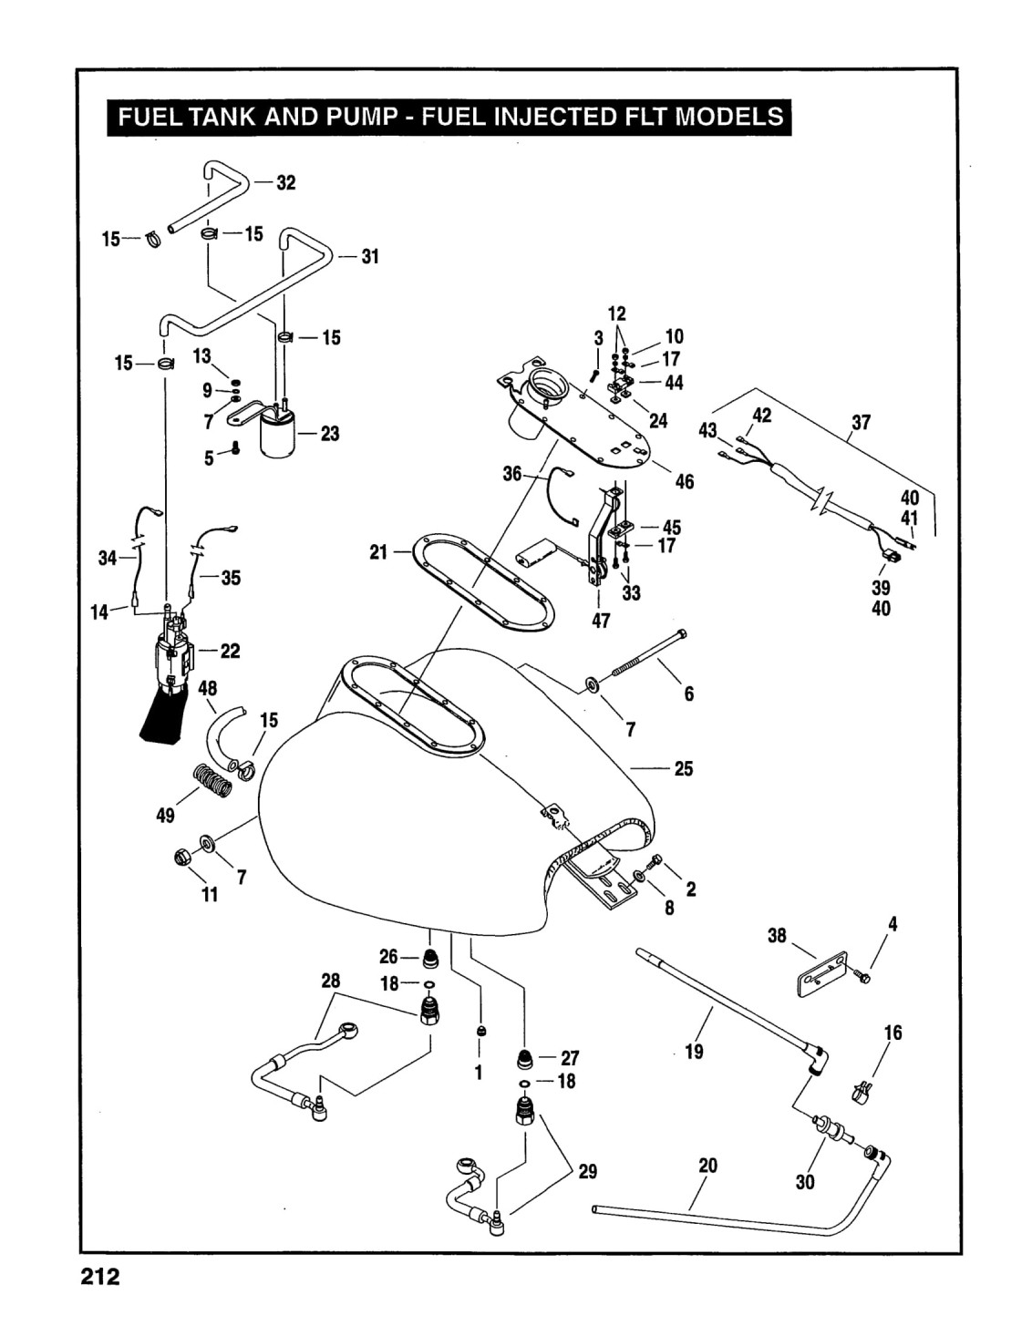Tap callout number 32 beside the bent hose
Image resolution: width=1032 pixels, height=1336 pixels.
(x=286, y=182)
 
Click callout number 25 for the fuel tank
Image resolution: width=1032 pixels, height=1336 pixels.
(x=683, y=768)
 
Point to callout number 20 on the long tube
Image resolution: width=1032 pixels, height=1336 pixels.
(x=707, y=1166)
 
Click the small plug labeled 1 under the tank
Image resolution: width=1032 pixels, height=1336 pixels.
(x=482, y=1031)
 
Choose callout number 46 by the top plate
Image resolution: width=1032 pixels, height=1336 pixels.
(x=685, y=481)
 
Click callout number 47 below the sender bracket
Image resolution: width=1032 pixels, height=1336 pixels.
(x=600, y=621)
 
